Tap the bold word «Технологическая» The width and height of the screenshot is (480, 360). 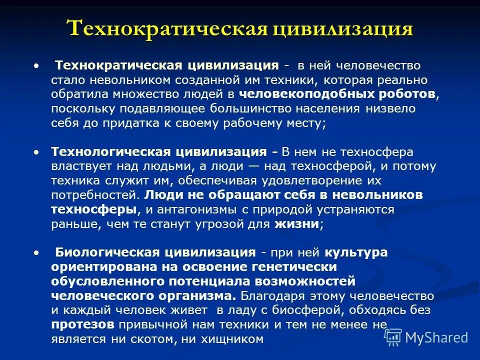104,151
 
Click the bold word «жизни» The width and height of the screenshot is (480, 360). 296,224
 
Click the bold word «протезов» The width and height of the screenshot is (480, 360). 82,324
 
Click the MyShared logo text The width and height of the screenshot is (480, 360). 436,337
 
